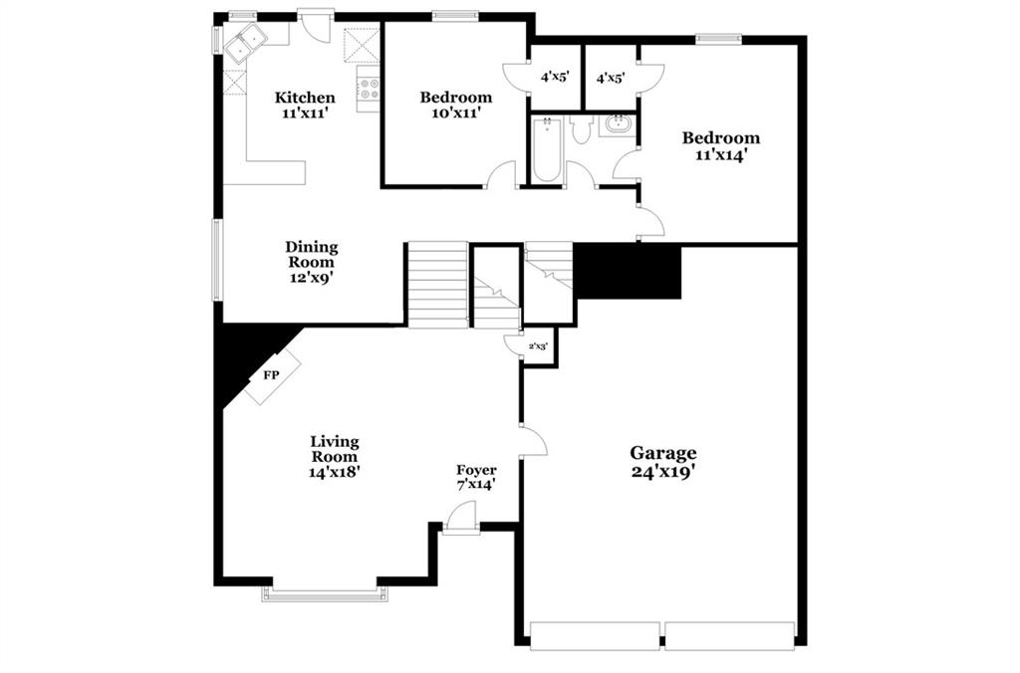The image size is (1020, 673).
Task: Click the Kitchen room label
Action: pos(305,98)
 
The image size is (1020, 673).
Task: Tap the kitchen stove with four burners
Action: pos(369,89)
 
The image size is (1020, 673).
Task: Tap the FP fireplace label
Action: pos(271,375)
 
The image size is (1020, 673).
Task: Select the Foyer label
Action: pos(476,470)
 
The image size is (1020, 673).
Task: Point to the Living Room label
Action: pos(335,449)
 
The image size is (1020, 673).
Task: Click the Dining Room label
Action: pos(312,254)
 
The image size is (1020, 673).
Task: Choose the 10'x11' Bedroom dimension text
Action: pos(456,113)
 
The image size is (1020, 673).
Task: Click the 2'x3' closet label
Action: pos(538,346)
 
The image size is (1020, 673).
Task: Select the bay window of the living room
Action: pos(325,593)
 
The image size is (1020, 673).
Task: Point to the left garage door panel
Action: pos(596,635)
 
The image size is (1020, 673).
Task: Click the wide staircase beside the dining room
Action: pos(437,285)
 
